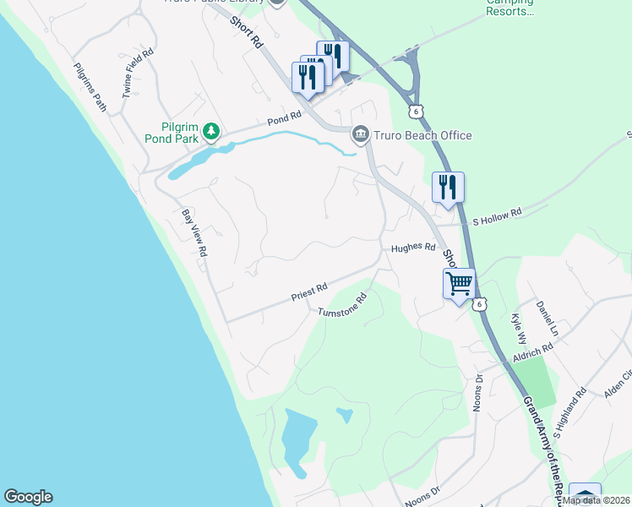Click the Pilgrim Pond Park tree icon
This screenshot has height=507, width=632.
click(212, 131)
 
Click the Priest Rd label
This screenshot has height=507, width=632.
click(309, 292)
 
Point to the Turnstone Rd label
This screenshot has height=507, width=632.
click(342, 305)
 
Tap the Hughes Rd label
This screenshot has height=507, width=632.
click(412, 248)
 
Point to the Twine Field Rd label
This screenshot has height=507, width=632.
click(138, 73)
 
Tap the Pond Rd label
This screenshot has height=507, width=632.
click(284, 118)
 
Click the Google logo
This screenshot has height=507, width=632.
click(28, 497)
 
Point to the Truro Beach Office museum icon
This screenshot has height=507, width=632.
click(360, 134)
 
